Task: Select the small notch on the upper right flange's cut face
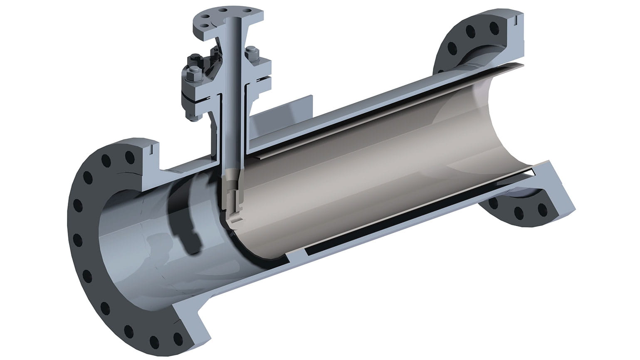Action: pos(515,19)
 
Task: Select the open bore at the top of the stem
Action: pos(235,18)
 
